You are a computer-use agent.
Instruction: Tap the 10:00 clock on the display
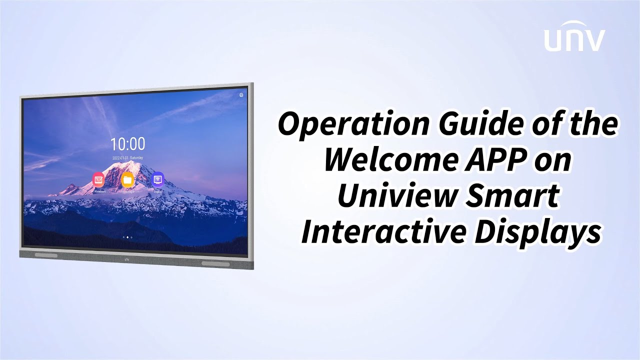click(127, 144)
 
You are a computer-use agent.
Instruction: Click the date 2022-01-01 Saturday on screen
click(127, 157)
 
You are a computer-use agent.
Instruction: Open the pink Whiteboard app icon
click(98, 179)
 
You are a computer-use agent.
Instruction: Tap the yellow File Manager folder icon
click(127, 179)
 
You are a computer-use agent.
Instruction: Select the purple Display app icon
click(157, 179)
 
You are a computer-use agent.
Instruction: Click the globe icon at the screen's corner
click(241, 95)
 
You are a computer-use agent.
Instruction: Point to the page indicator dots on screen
click(127, 237)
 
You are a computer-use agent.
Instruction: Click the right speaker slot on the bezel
click(215, 263)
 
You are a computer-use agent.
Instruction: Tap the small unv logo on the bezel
click(126, 259)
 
